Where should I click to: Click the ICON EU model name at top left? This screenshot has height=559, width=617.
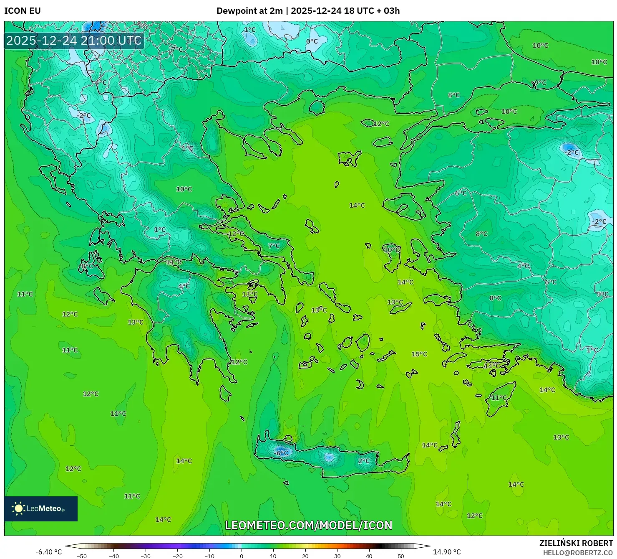[x=23, y=11]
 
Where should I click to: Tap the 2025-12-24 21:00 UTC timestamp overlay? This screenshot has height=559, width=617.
[x=74, y=41]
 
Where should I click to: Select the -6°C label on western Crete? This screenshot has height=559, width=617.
[x=281, y=453]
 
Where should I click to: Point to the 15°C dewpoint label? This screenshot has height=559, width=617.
[x=419, y=354]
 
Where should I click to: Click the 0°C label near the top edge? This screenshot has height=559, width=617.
[x=312, y=41]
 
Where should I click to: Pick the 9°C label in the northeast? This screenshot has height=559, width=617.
[x=540, y=83]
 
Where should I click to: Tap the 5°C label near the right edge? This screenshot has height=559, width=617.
[x=602, y=294]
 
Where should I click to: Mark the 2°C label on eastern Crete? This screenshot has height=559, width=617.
[x=364, y=461]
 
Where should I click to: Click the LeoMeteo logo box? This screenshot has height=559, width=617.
[x=41, y=508]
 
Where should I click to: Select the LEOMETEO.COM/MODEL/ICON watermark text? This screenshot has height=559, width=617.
[x=309, y=525]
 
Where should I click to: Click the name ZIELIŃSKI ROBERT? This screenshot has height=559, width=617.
[x=576, y=543]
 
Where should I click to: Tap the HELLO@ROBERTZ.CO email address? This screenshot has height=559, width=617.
[x=578, y=553]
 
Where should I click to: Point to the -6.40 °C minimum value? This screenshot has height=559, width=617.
[x=48, y=552]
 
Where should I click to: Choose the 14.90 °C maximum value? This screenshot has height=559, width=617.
[x=447, y=552]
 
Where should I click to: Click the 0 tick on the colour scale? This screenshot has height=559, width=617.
[x=242, y=556]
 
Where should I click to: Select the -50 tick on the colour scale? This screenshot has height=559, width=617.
[x=82, y=556]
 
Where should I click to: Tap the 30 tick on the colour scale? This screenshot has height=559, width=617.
[x=337, y=556]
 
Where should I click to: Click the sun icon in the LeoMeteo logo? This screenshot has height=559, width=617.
[x=18, y=508]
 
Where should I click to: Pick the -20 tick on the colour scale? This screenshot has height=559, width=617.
[x=177, y=556]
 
